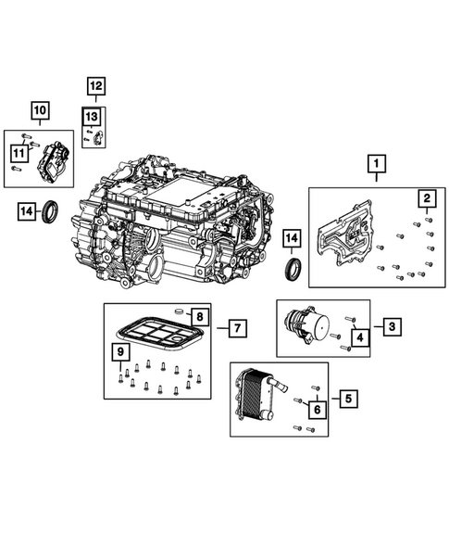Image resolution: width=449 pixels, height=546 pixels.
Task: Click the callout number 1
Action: (x=377, y=166)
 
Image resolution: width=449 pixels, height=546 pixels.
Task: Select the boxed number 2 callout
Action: (x=427, y=198)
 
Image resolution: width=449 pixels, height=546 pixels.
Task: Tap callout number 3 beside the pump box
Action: (x=393, y=326)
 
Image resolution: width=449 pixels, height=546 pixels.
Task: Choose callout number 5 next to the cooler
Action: (x=347, y=400)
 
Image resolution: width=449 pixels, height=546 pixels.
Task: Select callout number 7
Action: (x=237, y=327)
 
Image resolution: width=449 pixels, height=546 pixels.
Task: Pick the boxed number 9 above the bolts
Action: (x=119, y=352)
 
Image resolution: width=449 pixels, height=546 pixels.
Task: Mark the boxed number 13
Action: (x=91, y=117)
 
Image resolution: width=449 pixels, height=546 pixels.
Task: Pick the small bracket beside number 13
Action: (x=98, y=136)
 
